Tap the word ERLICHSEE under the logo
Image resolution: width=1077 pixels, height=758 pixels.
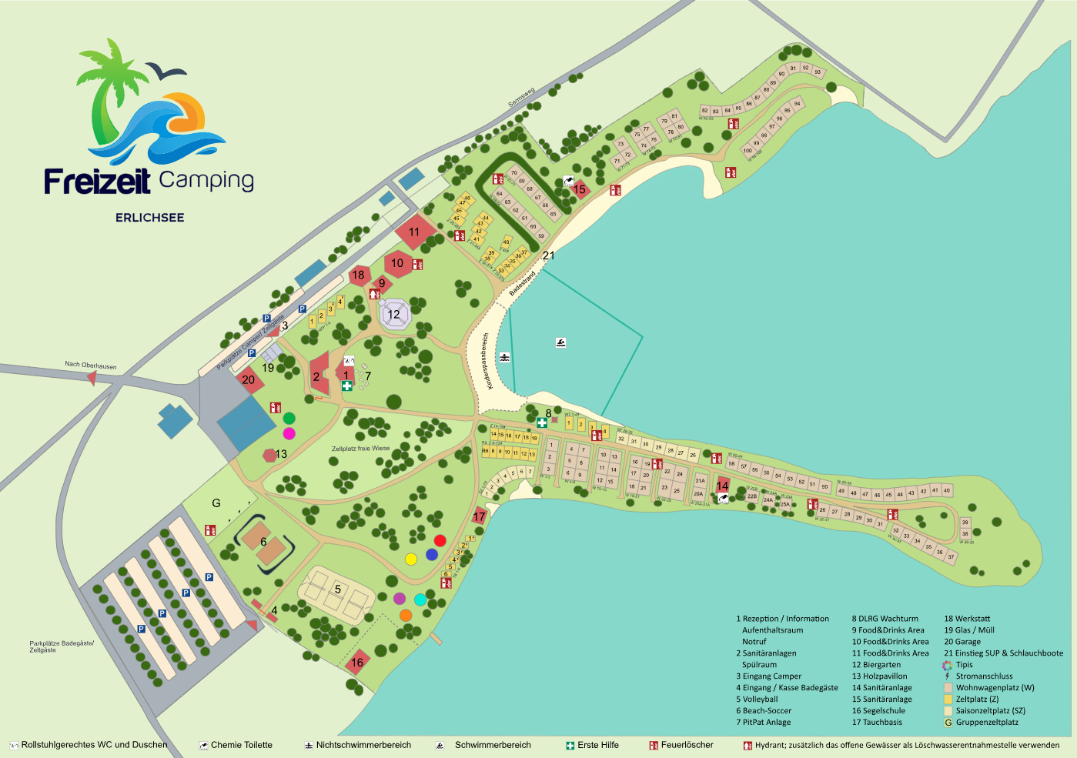[x=149, y=218]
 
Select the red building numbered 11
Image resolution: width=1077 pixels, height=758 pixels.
[x=414, y=232]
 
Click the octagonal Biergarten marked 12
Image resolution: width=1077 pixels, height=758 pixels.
[x=394, y=314]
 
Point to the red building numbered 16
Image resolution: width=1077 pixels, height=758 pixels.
[x=357, y=662]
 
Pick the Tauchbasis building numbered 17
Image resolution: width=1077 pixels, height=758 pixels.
[x=480, y=516]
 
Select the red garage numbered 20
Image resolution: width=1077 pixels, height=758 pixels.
[x=248, y=379]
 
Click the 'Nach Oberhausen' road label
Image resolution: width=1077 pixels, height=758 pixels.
[x=91, y=365]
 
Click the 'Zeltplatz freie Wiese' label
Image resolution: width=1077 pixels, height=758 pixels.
[x=360, y=448]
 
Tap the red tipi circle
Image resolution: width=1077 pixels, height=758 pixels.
[x=440, y=541]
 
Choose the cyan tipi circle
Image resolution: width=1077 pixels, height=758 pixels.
[x=420, y=599]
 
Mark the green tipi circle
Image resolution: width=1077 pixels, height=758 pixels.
[x=289, y=419]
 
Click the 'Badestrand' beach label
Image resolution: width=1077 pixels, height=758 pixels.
[x=522, y=283]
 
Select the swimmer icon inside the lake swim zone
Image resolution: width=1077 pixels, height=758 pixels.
[x=561, y=342]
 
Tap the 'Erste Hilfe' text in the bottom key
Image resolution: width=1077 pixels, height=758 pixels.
[x=597, y=745]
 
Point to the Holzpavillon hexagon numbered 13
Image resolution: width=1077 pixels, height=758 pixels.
[x=270, y=455]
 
